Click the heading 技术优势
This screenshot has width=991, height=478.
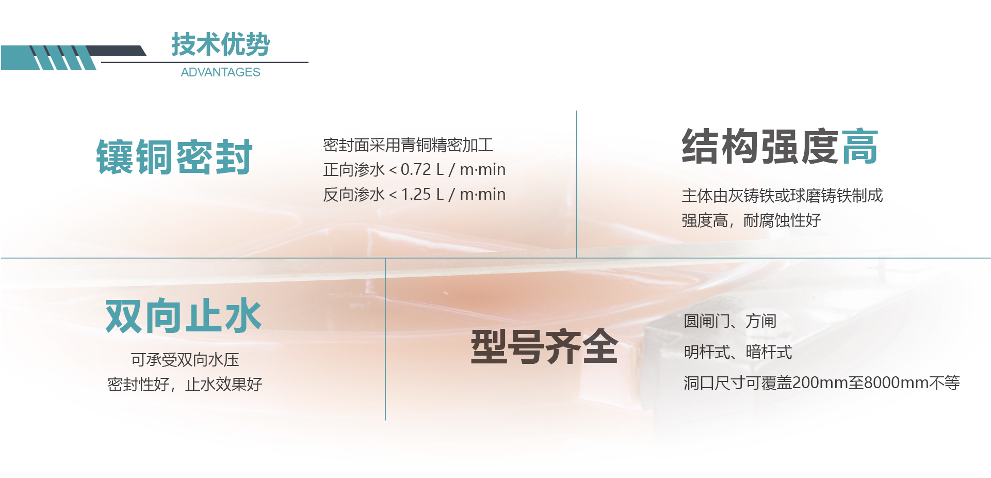point(220,44)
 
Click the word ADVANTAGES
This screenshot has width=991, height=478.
point(220,72)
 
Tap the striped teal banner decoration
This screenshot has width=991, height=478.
point(62,57)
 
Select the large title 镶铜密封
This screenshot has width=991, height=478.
point(174,157)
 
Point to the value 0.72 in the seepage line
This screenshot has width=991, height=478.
point(415,169)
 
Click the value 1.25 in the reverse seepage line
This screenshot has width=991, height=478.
point(415,194)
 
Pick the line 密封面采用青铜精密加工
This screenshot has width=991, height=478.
point(408,145)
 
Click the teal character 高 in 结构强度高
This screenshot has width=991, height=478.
point(859,147)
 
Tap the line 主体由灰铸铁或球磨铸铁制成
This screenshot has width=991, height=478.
point(782,196)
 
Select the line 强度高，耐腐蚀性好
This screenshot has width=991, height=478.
point(751,220)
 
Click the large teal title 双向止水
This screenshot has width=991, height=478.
point(184,316)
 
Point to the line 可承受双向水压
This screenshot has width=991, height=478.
point(185,360)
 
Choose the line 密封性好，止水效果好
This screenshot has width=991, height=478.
point(185,384)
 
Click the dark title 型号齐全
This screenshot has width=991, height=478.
point(544,347)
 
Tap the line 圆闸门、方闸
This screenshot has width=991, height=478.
point(729,321)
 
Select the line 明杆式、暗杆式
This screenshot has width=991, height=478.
point(738,352)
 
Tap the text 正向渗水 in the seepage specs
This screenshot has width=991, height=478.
point(354,169)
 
